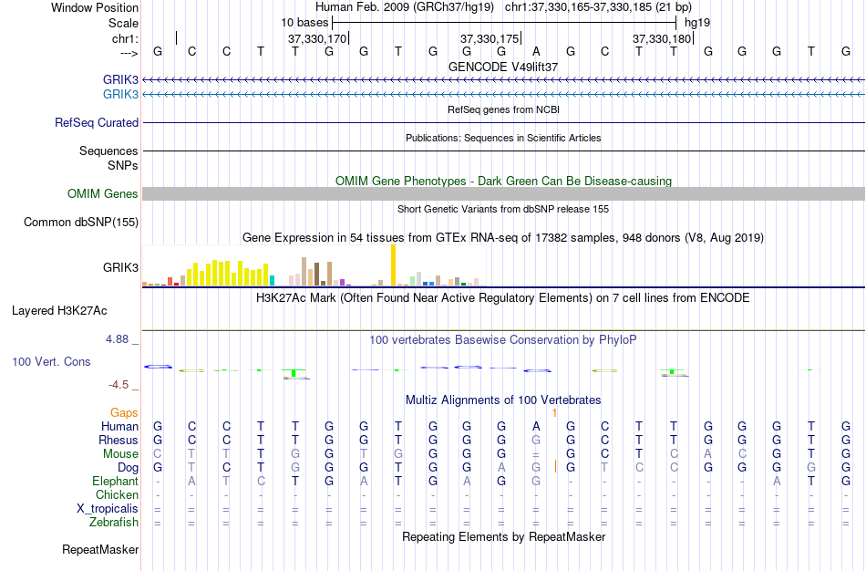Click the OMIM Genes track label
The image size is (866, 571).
coord(102,193)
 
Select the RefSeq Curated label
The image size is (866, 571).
coord(97,122)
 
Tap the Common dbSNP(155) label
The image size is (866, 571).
coord(81,222)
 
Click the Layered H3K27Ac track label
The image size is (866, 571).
coord(59,310)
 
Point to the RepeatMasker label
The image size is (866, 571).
coord(100,550)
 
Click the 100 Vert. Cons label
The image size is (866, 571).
coord(51,361)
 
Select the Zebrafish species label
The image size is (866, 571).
coord(114,523)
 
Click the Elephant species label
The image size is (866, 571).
coord(115,481)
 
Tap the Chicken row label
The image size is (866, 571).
coord(117,494)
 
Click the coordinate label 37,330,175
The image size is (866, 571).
coord(490,39)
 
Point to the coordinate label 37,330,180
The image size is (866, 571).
coord(663,39)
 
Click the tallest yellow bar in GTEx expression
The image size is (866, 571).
coord(393,265)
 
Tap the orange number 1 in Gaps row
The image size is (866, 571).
coord(554,413)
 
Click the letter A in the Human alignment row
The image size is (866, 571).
coord(536,426)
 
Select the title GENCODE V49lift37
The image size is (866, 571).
coord(503,67)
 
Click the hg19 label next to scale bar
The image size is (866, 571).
coord(697,21)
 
